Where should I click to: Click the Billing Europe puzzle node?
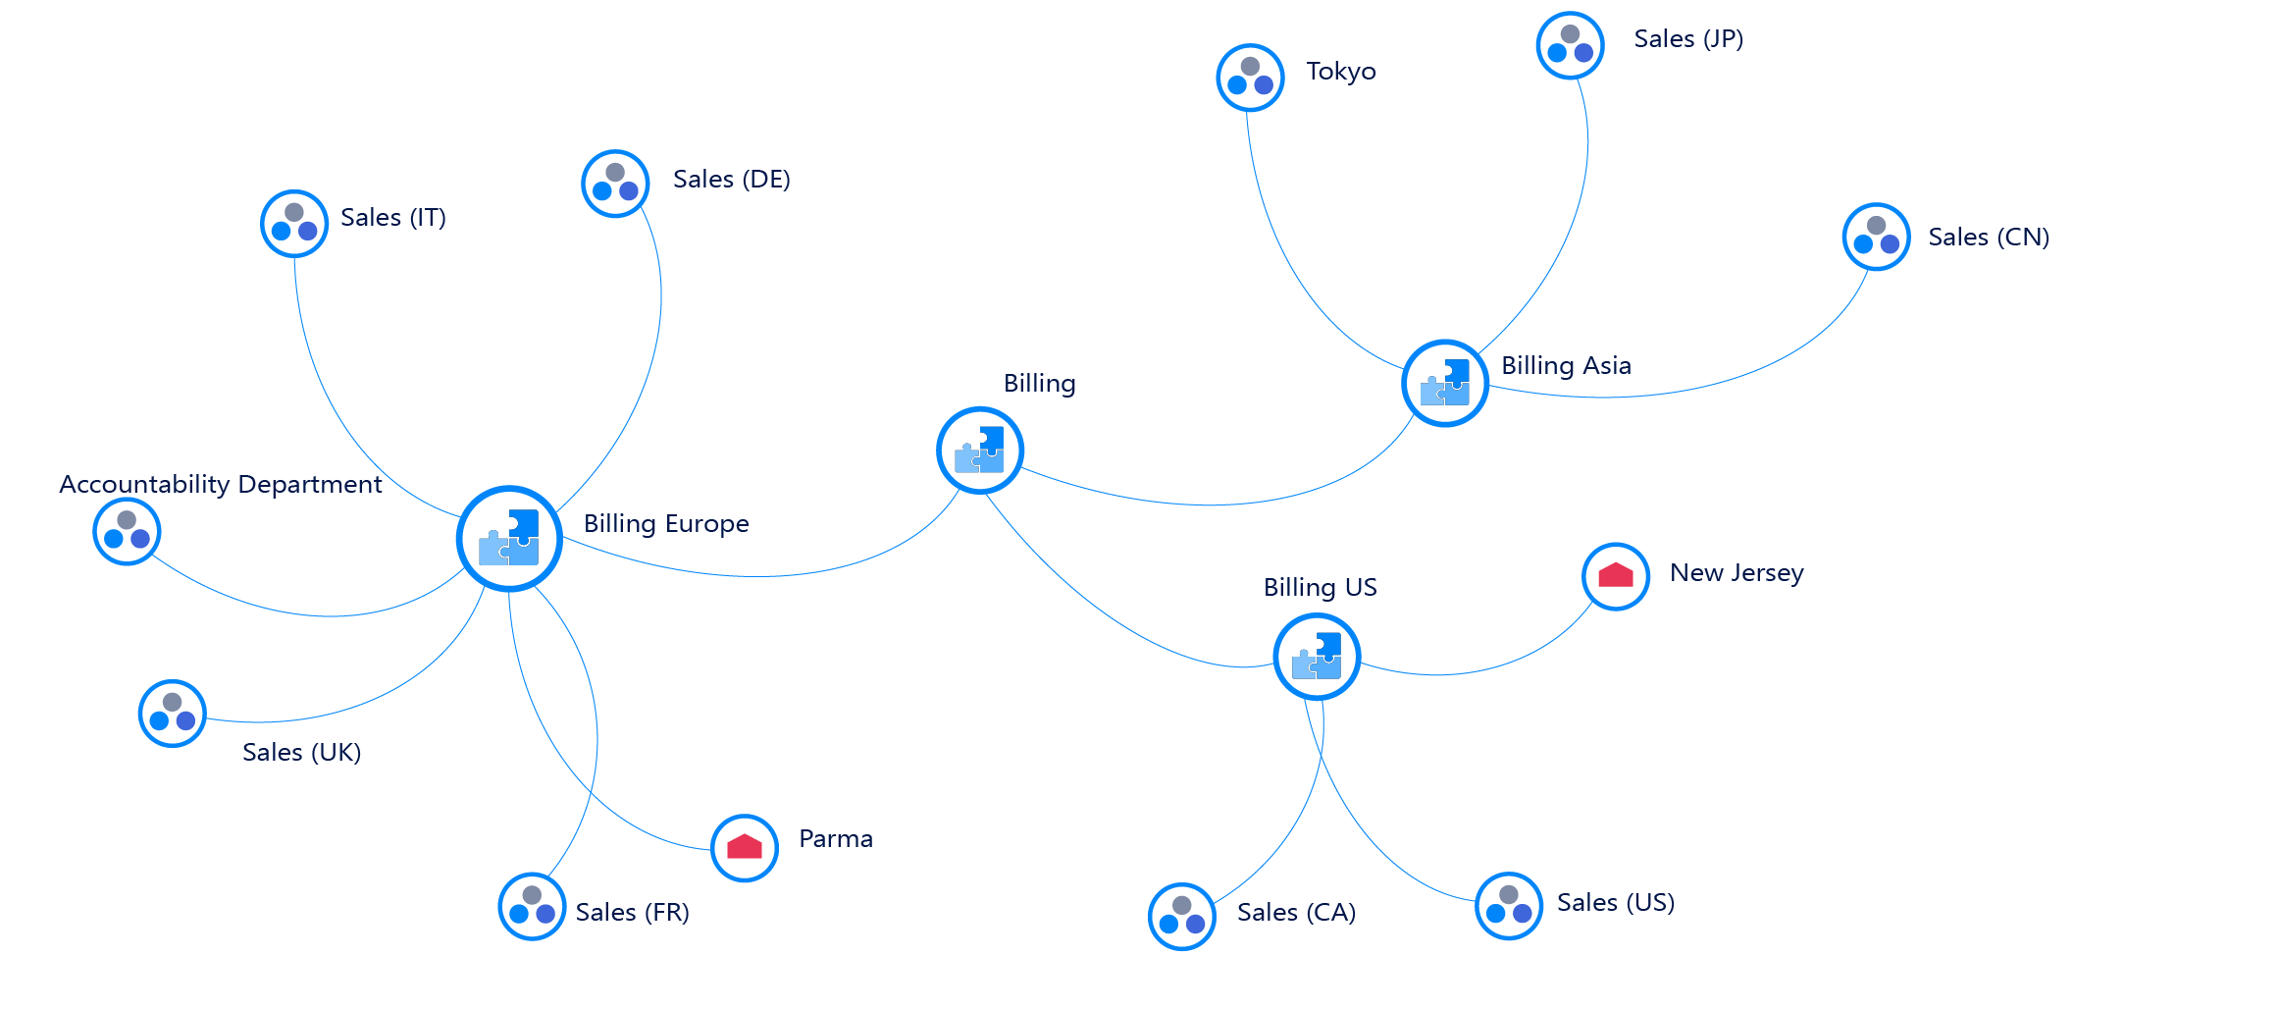(x=509, y=538)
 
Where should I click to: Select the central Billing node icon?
(x=979, y=451)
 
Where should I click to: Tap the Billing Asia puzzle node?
(x=1445, y=383)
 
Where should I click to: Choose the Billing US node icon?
(x=1317, y=657)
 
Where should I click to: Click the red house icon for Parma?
(x=745, y=848)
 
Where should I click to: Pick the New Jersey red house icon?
(x=1616, y=576)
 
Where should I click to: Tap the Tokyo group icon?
(x=1250, y=77)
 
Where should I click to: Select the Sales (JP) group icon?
(x=1570, y=45)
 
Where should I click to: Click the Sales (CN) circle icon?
(x=1876, y=237)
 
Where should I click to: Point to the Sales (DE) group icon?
(x=615, y=184)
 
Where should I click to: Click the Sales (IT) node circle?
(x=294, y=224)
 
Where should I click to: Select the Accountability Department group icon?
(x=127, y=531)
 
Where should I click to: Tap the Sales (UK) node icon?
(x=173, y=714)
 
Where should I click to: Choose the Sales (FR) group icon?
(x=532, y=906)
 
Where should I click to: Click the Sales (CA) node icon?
(x=1182, y=916)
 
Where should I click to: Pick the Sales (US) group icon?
(x=1509, y=905)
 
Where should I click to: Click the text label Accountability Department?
(x=221, y=484)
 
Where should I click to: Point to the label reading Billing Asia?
(x=1566, y=365)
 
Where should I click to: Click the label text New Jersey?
(x=1737, y=572)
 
